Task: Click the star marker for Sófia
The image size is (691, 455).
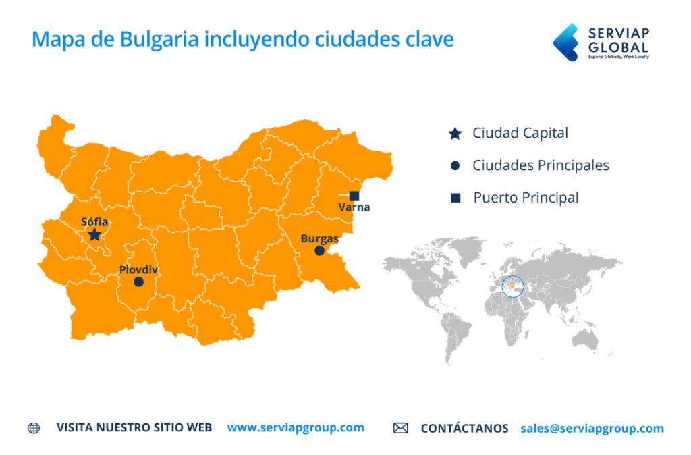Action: point(94,234)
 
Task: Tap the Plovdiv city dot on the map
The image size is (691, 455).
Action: point(138,282)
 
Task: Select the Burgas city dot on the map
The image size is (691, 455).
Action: point(320,250)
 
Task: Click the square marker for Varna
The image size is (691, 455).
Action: point(354,196)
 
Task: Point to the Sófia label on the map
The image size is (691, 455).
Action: point(94,221)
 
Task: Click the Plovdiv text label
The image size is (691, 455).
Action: point(138,270)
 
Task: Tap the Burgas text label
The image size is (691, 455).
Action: point(320,238)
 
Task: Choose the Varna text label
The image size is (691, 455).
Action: point(354,207)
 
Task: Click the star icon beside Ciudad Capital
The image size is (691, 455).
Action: point(455,134)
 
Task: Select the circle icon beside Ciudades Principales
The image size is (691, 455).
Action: point(455,165)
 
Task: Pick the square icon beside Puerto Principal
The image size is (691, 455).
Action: point(455,198)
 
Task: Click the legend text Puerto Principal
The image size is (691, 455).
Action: point(526,198)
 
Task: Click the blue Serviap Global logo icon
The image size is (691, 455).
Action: point(565,42)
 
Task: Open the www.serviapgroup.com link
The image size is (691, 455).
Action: point(296,427)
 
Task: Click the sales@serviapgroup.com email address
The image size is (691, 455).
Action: point(592,428)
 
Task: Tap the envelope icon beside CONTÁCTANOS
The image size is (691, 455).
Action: point(401,428)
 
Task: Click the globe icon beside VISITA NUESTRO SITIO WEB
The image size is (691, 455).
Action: point(34,428)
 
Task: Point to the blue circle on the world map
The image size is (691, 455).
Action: point(513,286)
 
